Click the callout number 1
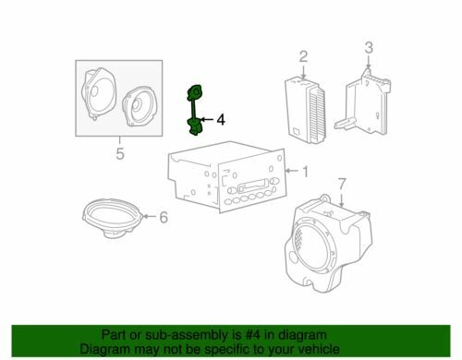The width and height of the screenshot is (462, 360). point(305,172)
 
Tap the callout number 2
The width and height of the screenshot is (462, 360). point(303,57)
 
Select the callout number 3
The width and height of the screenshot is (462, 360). point(369,48)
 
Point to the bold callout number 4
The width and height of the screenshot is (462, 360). point(221,120)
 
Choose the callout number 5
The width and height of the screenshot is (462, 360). point(120,153)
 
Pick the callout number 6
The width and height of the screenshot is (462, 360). point(164,217)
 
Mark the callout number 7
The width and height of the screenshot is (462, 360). point(342,184)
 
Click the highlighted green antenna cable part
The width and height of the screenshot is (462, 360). point(194,110)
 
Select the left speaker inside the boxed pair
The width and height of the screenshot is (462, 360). point(99,94)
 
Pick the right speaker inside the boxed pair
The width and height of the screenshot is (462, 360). point(138,106)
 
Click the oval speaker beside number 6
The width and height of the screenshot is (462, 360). point(113,218)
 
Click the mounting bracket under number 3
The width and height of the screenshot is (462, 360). point(363,103)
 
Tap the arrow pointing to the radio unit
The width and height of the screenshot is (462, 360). point(292,171)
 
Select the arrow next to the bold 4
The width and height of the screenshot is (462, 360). point(208,119)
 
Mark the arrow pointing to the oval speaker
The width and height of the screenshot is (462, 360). point(150,216)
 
